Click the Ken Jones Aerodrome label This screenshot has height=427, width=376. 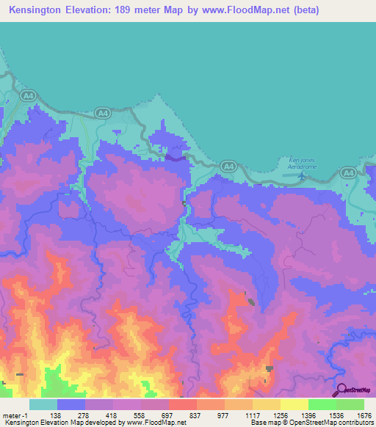click(x=302, y=164)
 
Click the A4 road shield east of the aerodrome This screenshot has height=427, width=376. click(x=348, y=173)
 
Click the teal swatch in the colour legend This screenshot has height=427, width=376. click(x=43, y=404)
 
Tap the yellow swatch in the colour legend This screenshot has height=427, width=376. click(x=294, y=404)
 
